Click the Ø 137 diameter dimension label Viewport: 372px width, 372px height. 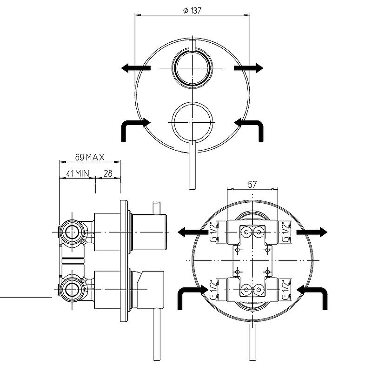point(192,10)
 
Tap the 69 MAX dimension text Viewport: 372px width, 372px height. point(90,157)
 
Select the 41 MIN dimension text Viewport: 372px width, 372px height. point(78,173)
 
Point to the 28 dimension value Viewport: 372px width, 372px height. point(108,173)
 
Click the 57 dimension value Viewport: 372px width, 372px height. point(252,184)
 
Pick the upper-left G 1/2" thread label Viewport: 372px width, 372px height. point(213,232)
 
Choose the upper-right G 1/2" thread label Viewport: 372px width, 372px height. point(286,232)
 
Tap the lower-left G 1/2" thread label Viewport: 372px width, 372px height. point(213,290)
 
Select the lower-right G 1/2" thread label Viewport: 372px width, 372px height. point(286,290)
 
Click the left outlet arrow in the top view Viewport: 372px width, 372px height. point(136,68)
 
